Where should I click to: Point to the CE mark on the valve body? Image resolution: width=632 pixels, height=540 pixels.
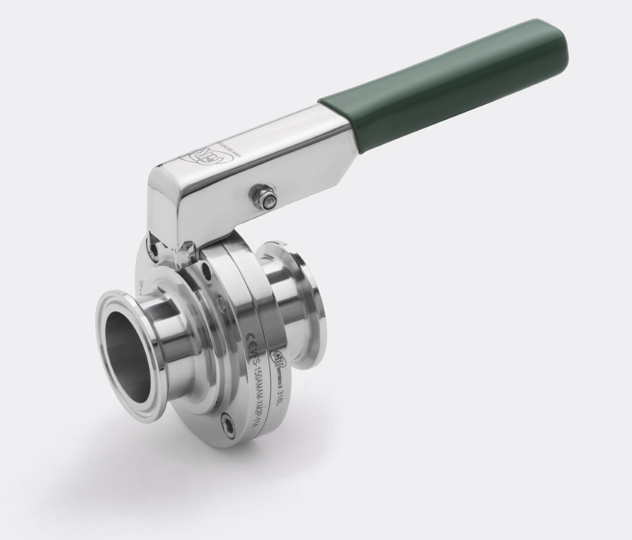pyautogui.click(x=251, y=333)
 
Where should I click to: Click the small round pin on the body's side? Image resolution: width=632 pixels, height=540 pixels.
pyautogui.click(x=219, y=300)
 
